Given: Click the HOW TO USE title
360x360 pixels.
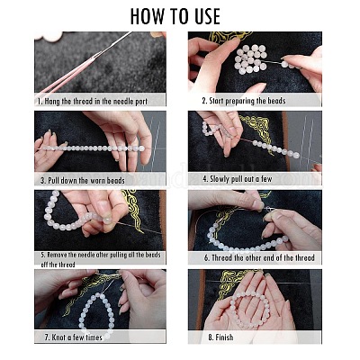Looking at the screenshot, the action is pyautogui.click(x=175, y=16).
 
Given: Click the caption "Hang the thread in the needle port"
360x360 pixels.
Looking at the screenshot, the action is pyautogui.click(x=92, y=101).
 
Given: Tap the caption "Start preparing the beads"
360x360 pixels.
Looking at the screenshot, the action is pyautogui.click(x=244, y=101).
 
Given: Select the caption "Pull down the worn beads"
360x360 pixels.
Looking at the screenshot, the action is pyautogui.click(x=83, y=180).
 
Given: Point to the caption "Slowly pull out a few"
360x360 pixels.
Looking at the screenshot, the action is pyautogui.click(x=238, y=179).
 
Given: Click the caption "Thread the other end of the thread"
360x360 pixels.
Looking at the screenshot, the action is pyautogui.click(x=259, y=257).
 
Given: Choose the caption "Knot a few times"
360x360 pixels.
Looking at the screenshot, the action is pyautogui.click(x=74, y=337).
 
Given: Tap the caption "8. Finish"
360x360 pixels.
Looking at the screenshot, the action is pyautogui.click(x=220, y=337).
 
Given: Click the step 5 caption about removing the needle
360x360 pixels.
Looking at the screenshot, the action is pyautogui.click(x=101, y=259).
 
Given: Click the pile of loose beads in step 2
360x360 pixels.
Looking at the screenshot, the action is pyautogui.click(x=251, y=59).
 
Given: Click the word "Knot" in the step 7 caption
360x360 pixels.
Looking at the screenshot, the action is pyautogui.click(x=58, y=337).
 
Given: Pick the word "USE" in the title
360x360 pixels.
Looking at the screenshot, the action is pyautogui.click(x=205, y=16).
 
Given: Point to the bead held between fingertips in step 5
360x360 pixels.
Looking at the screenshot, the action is pyautogui.click(x=107, y=220).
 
